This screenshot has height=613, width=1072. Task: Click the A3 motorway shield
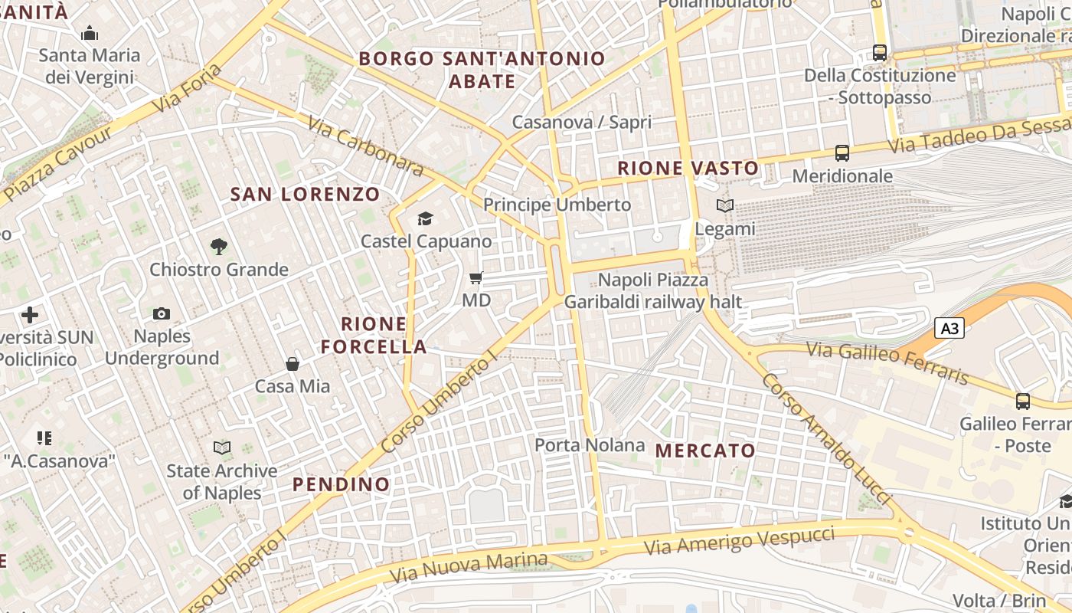click(x=949, y=329)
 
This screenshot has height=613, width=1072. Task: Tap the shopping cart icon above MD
click(x=476, y=277)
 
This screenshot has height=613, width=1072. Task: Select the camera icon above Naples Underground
click(x=162, y=313)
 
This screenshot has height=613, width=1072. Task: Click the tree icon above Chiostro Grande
click(x=219, y=246)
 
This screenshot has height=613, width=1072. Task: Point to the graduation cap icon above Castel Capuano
click(x=425, y=218)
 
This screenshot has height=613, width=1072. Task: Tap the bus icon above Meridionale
click(x=842, y=153)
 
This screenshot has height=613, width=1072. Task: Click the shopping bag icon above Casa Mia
click(x=293, y=363)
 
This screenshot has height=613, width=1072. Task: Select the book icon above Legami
click(x=724, y=205)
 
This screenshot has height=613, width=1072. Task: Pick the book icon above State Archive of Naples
click(x=222, y=447)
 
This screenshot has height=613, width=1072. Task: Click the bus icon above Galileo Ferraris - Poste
click(x=1023, y=401)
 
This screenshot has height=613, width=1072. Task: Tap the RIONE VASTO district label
click(x=688, y=169)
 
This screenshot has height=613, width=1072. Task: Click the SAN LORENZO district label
click(x=305, y=195)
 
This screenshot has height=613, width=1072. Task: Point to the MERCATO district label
click(x=706, y=451)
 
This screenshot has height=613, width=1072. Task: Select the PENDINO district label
click(x=342, y=484)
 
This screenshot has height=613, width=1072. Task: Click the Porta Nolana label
click(x=590, y=445)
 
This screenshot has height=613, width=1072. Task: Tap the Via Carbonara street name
click(x=366, y=146)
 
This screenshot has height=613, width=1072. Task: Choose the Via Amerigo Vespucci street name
click(x=739, y=540)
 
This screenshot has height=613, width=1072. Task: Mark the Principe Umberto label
click(x=557, y=205)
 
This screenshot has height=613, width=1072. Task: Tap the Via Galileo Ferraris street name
click(x=888, y=362)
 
